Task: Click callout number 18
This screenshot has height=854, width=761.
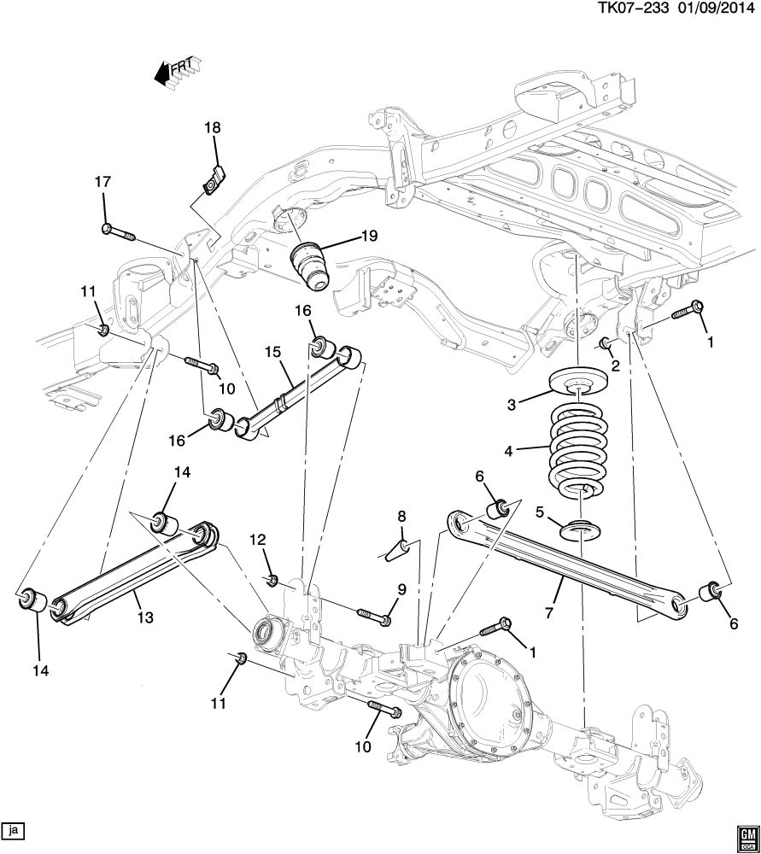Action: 212,128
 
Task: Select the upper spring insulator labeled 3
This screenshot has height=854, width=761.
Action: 579,383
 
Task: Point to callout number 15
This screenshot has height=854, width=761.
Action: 272,351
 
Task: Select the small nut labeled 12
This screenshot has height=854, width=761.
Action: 271,581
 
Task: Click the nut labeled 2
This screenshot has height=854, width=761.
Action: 604,343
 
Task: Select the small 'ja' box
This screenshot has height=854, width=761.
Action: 14,829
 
